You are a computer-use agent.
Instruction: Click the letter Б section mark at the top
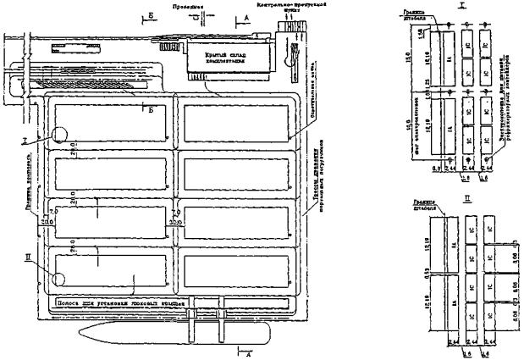click(150, 16)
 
